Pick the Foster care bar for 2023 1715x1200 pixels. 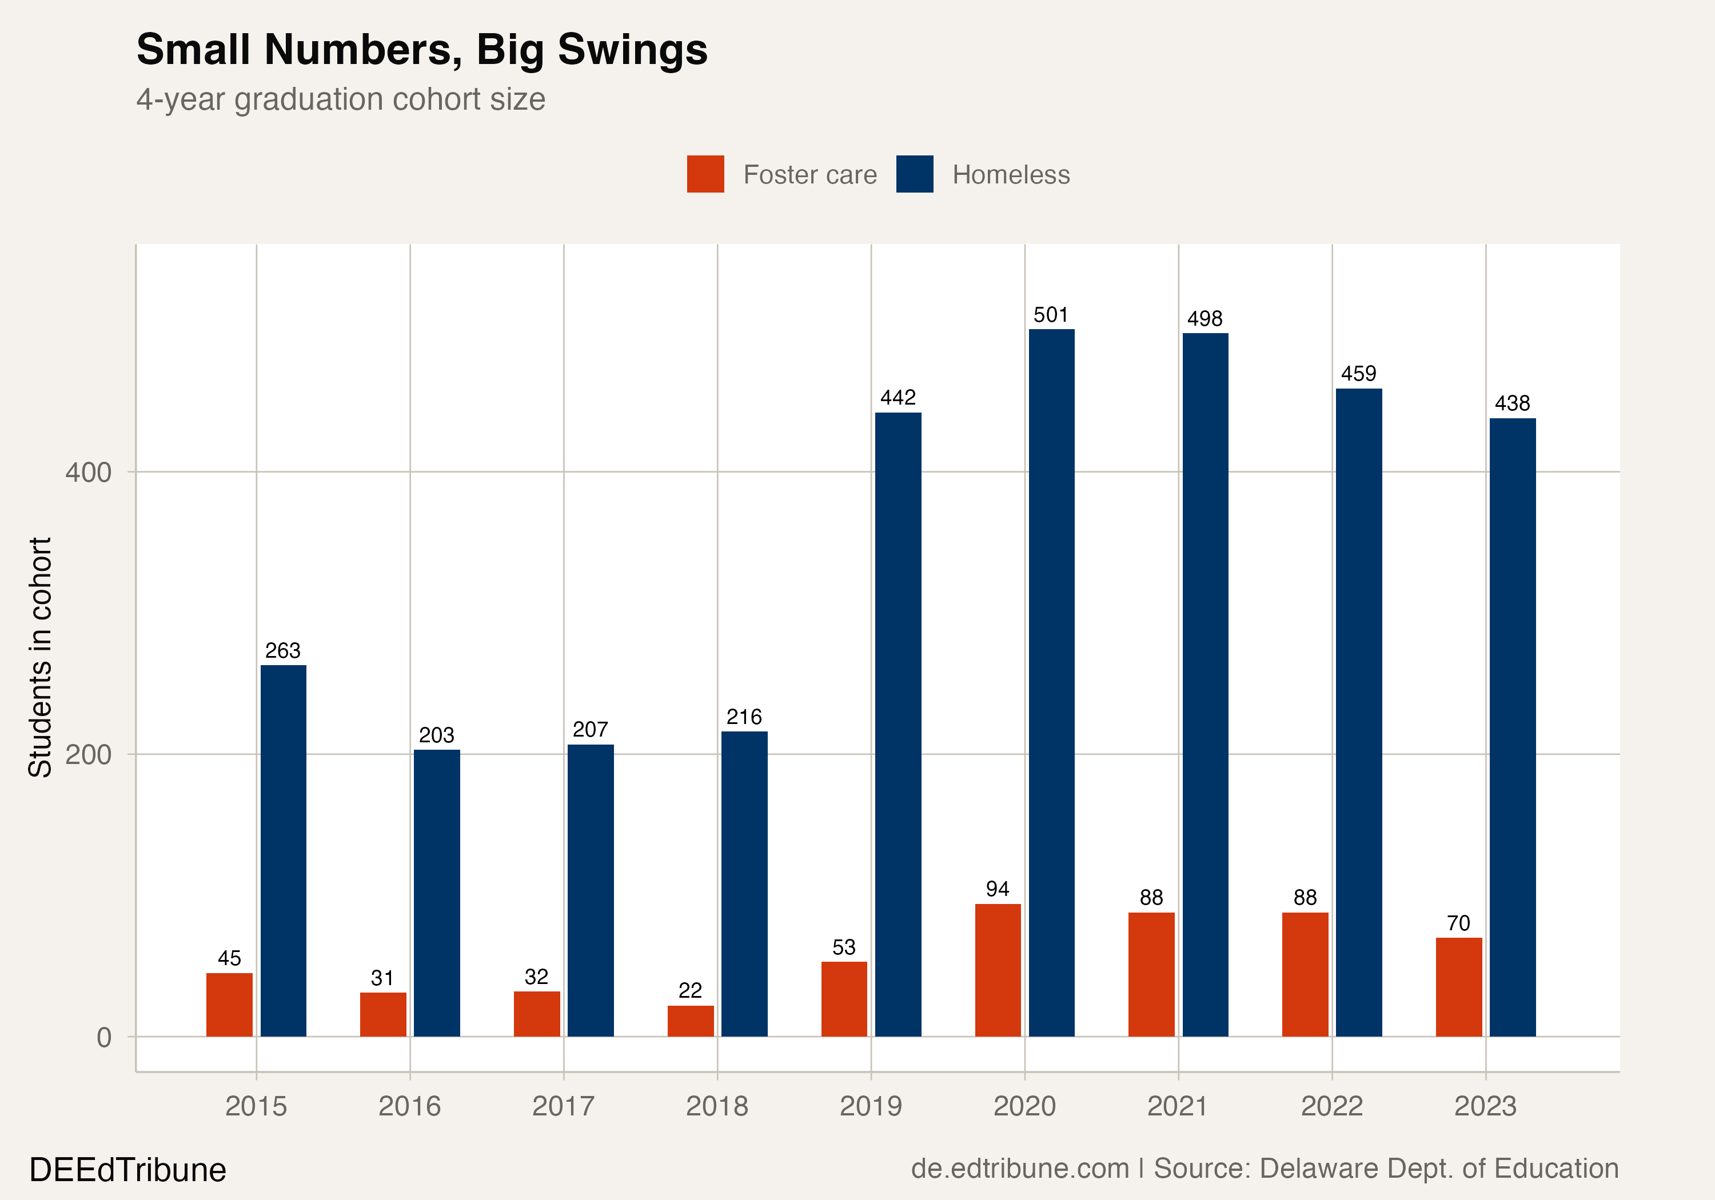pos(1459,987)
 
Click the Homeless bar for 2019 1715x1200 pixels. pos(898,725)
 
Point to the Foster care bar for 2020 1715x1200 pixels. pos(998,970)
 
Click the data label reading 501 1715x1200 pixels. pos(1051,315)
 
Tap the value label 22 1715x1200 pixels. pos(690,991)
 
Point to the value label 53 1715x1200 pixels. pos(844,947)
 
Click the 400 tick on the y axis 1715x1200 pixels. pos(88,472)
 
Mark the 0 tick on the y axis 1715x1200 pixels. pos(105,1037)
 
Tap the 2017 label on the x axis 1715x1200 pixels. pos(563,1106)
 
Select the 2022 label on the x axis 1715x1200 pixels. pos(1332,1106)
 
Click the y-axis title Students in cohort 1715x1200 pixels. pos(41,657)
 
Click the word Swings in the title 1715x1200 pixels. pos(633,51)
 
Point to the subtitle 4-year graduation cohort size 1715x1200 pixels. pos(341,99)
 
